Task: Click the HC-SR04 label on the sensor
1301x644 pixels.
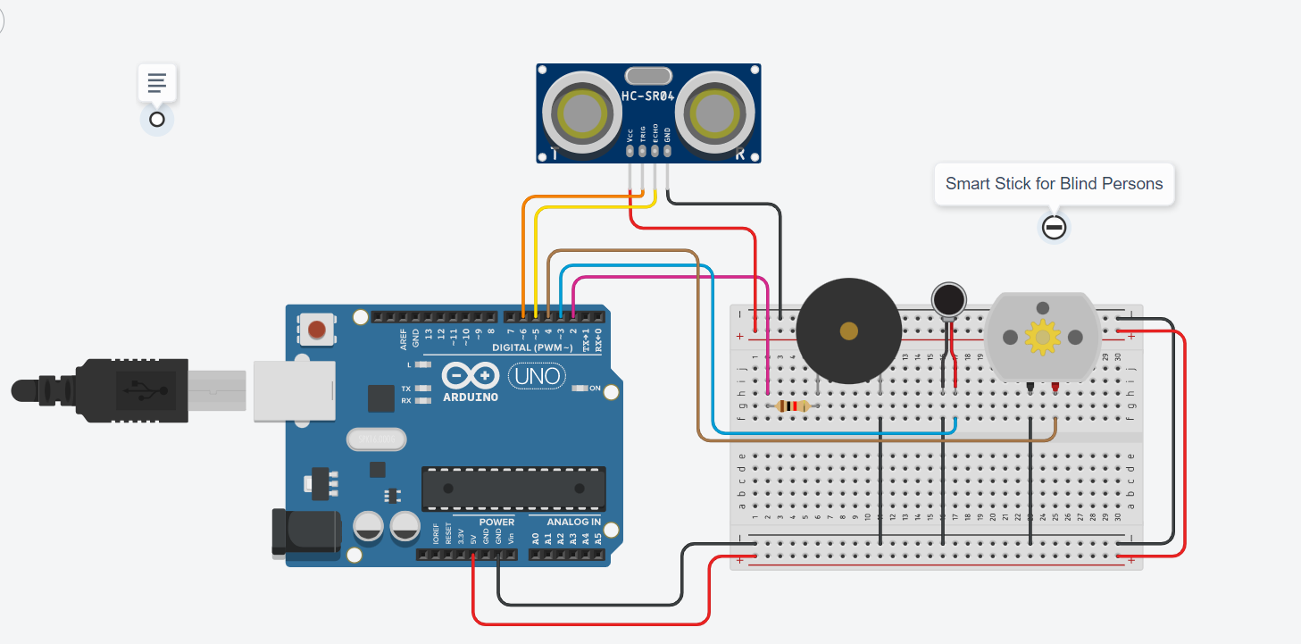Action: point(649,96)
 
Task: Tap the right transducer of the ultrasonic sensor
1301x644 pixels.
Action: point(713,113)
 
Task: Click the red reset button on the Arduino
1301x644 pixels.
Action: point(316,330)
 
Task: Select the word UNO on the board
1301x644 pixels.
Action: point(537,376)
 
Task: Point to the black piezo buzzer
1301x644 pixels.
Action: point(848,331)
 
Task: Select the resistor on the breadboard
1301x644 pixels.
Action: point(793,406)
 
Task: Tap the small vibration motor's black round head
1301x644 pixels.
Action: point(948,299)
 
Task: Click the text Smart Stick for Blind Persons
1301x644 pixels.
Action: point(1054,184)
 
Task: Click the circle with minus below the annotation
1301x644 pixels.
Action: point(1054,228)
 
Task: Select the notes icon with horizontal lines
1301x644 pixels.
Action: point(157,84)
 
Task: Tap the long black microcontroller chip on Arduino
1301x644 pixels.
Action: point(513,488)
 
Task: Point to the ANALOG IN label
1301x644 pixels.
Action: point(573,522)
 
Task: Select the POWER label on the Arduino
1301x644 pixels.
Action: point(496,522)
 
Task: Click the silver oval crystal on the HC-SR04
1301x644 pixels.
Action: point(648,76)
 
